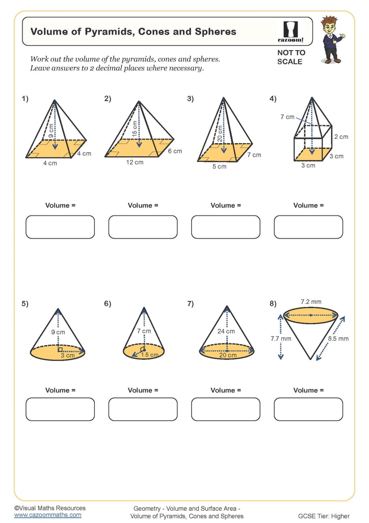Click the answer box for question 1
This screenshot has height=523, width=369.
pos(60,227)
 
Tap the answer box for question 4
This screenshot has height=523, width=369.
pos(308,227)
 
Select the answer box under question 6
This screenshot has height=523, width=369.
pos(143,409)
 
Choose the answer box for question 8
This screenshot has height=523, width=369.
pos(308,409)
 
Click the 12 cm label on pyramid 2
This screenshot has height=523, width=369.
pos(135,162)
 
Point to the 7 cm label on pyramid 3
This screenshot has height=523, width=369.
pos(254,155)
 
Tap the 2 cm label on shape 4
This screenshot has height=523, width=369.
pos(341,137)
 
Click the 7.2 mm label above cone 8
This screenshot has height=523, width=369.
pos(311,302)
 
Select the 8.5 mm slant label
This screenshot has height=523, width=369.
pos(338,338)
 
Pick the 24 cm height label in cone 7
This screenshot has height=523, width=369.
pos(227,331)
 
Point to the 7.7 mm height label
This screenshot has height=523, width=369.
pos(281,338)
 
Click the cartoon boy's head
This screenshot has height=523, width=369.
pos(329,25)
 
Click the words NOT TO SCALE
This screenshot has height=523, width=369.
pos(291,57)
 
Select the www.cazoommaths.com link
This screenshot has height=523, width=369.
pos(47,515)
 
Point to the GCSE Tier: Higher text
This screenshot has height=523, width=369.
pos(324,516)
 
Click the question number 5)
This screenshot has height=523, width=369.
pos(25,303)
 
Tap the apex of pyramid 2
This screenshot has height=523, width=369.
pos(139,101)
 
